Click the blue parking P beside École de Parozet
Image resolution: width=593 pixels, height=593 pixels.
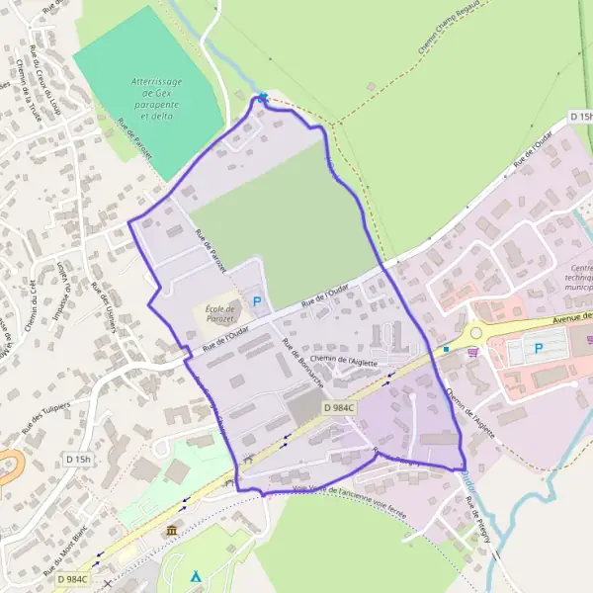258,301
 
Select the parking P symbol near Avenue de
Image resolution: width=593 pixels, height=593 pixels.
539,348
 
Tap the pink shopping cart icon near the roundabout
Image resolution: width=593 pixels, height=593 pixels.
475,351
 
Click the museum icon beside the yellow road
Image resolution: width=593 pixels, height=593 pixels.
173,532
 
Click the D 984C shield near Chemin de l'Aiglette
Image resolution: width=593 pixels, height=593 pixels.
339,407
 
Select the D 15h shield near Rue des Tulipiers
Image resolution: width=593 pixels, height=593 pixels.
78,460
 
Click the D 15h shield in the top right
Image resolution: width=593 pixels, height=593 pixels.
582,116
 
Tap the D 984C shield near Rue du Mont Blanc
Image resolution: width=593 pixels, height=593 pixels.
72,579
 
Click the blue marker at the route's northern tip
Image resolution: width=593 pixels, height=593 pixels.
262,97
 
